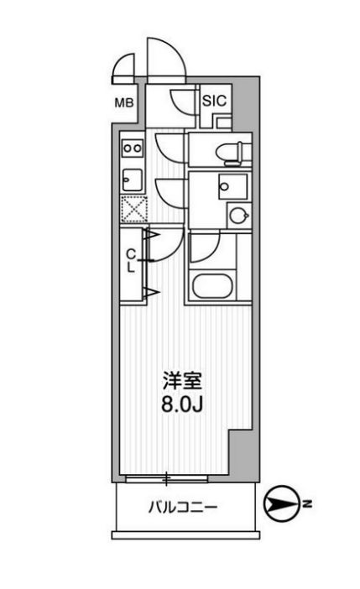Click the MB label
point(123,104)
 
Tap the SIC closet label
point(214,101)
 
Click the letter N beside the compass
point(308,503)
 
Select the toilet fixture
point(227,152)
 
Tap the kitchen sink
point(133,178)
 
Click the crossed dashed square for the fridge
point(133,207)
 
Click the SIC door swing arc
point(181,102)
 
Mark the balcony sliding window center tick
point(167,480)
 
